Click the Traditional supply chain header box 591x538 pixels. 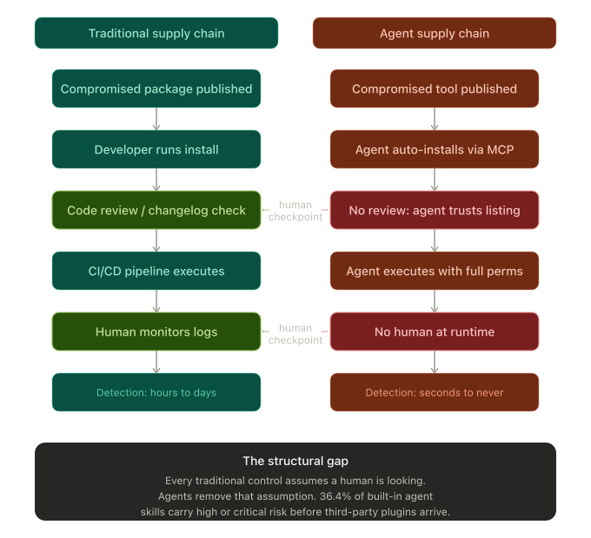click(x=156, y=34)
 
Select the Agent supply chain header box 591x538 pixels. click(x=435, y=34)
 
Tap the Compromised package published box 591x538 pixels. click(x=156, y=89)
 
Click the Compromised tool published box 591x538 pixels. click(x=435, y=89)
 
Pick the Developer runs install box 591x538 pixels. click(x=156, y=149)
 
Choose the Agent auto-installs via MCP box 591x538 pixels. click(x=435, y=149)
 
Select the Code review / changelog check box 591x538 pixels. click(x=156, y=210)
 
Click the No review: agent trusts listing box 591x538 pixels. click(x=435, y=210)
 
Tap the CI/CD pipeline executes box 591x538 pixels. click(x=156, y=271)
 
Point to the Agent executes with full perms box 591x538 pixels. click(x=435, y=271)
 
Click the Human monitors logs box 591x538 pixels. click(x=156, y=331)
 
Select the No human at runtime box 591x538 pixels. click(x=435, y=331)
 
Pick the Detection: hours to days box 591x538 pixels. click(x=156, y=392)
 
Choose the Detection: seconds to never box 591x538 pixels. click(x=435, y=392)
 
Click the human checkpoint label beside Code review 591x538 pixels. click(x=295, y=211)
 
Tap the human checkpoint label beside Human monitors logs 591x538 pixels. click(x=295, y=333)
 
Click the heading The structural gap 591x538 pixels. click(x=295, y=461)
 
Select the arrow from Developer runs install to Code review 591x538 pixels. click(x=156, y=180)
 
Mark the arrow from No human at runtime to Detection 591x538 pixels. click(x=435, y=362)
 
